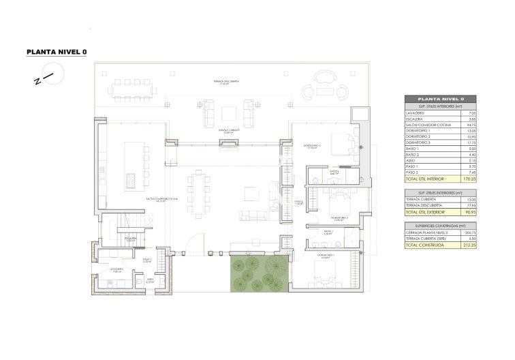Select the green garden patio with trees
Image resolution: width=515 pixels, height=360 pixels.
click(x=257, y=272)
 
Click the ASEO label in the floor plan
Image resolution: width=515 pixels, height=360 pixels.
click(x=149, y=279)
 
